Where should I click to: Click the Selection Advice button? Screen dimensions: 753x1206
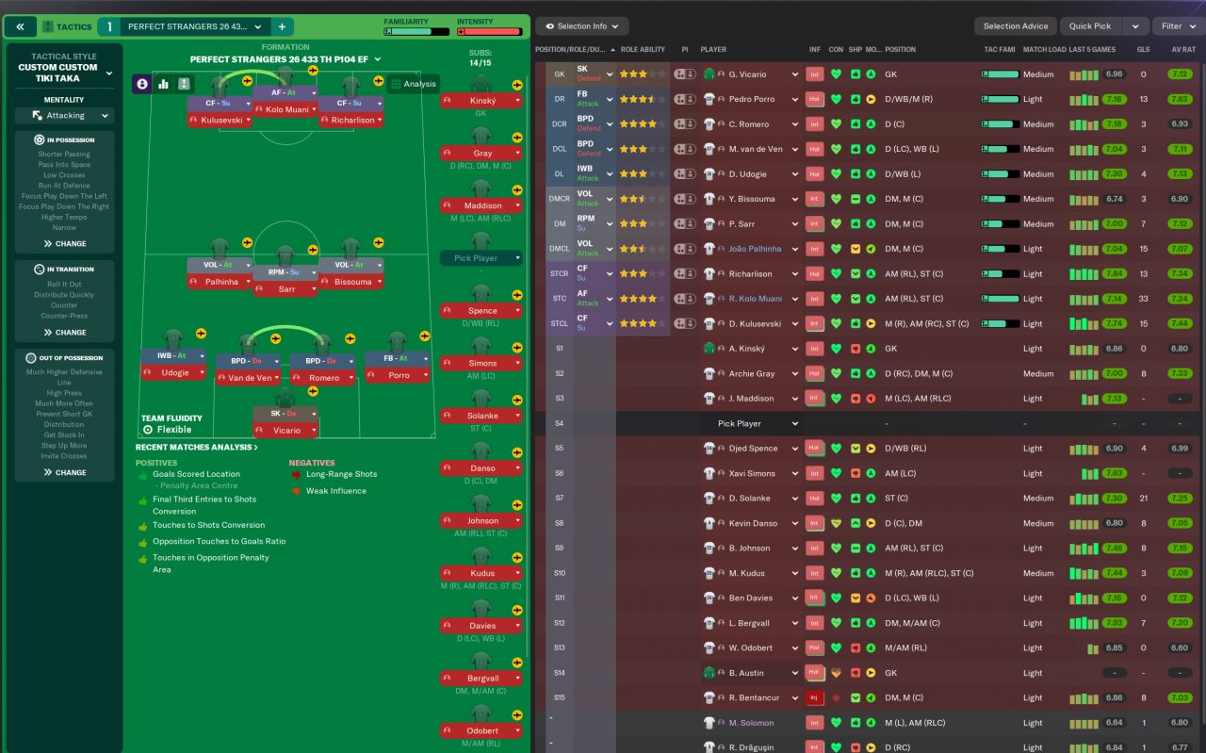(1015, 26)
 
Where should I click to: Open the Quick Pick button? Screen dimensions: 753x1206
(1090, 26)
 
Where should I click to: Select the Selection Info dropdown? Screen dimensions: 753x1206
(581, 26)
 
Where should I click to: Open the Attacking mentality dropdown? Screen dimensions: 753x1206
(64, 116)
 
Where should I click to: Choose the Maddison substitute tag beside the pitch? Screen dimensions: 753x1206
(482, 205)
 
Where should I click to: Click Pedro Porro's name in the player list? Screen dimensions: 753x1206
(751, 99)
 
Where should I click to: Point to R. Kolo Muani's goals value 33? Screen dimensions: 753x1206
(1143, 299)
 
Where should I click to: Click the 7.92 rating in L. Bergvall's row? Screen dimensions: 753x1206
(1114, 623)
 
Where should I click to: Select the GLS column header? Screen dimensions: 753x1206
(1143, 50)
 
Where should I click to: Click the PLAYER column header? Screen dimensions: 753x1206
(713, 50)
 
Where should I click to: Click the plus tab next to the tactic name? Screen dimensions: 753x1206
(281, 26)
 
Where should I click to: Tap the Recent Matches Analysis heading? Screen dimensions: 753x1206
(196, 448)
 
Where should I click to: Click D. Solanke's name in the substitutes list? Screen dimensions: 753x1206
(749, 498)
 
